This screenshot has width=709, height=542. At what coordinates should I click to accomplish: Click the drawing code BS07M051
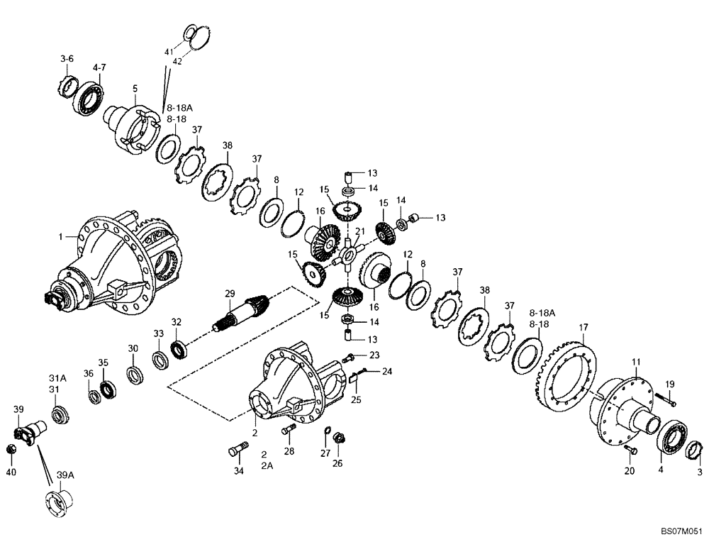pos(681,531)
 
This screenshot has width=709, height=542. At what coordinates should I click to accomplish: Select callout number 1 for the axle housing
pos(62,236)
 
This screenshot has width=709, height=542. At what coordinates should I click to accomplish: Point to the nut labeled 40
pos(11,450)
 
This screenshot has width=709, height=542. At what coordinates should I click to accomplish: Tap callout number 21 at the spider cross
pos(359,231)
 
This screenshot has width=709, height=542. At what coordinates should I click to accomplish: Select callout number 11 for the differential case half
pos(636,362)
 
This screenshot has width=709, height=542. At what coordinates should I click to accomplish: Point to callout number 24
pos(387,371)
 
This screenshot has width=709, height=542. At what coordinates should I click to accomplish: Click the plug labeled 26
pos(340,438)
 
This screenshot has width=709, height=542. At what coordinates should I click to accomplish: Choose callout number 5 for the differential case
pos(134,89)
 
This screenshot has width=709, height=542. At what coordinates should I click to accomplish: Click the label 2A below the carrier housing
pos(266,466)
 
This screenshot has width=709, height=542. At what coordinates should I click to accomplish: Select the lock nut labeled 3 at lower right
pos(693,451)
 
